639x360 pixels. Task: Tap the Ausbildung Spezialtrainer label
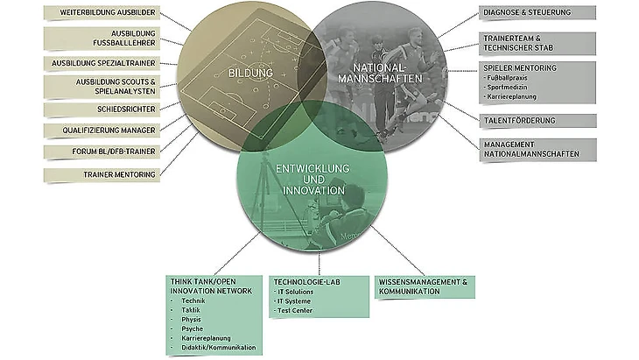pos(103,64)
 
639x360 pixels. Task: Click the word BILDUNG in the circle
pos(250,73)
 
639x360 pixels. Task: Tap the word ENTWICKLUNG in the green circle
pos(312,167)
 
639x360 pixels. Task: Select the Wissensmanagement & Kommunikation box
pos(425,286)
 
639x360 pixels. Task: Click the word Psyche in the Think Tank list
pos(190,328)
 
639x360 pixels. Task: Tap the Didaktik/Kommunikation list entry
pos(219,348)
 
